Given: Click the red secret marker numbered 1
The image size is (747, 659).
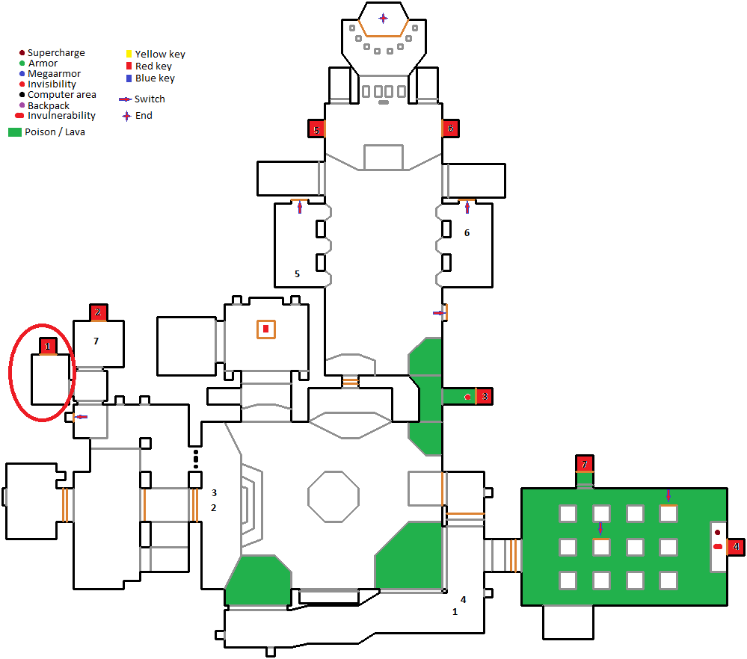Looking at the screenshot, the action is [48, 346].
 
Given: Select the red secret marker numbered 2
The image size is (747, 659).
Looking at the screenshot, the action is [98, 312].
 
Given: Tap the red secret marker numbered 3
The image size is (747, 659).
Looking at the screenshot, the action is [484, 396].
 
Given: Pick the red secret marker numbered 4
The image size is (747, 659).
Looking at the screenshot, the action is [736, 547].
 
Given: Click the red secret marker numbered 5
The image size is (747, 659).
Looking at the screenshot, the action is [316, 129].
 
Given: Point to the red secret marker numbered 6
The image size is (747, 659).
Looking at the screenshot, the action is [451, 128].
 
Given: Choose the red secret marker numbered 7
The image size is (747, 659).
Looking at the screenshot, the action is [585, 463].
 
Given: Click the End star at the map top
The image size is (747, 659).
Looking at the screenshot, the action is [383, 19].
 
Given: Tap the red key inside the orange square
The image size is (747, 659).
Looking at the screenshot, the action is [266, 329].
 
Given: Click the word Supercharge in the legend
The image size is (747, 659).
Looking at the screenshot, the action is [56, 52].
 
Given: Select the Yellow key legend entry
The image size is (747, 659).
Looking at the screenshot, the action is [156, 54].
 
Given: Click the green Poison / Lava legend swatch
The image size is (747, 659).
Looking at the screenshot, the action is [15, 132].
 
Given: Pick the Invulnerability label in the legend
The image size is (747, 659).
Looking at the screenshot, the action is [61, 115].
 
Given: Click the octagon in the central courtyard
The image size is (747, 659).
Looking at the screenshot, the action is [333, 497].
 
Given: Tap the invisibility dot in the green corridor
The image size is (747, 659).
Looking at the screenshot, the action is [467, 397].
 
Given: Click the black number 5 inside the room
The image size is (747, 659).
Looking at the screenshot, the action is [297, 273].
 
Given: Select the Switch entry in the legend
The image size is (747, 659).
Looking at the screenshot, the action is [142, 99].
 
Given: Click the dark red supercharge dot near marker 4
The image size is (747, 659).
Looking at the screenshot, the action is [717, 532].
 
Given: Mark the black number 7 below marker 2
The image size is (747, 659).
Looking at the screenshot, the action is [96, 341].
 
